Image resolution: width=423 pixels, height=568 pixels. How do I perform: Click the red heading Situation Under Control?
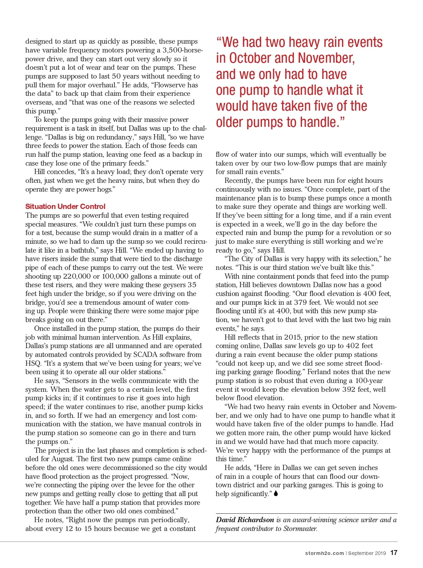click(65, 206)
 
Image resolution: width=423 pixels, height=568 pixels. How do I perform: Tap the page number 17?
click(394, 553)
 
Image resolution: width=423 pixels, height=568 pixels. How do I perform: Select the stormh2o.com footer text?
click(324, 553)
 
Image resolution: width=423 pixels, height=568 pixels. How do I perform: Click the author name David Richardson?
click(245, 520)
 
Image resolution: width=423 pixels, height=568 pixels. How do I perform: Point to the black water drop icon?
click(276, 494)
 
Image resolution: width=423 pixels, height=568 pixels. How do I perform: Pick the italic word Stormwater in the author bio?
click(300, 529)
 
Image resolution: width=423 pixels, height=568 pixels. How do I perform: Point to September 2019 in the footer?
click(367, 553)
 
